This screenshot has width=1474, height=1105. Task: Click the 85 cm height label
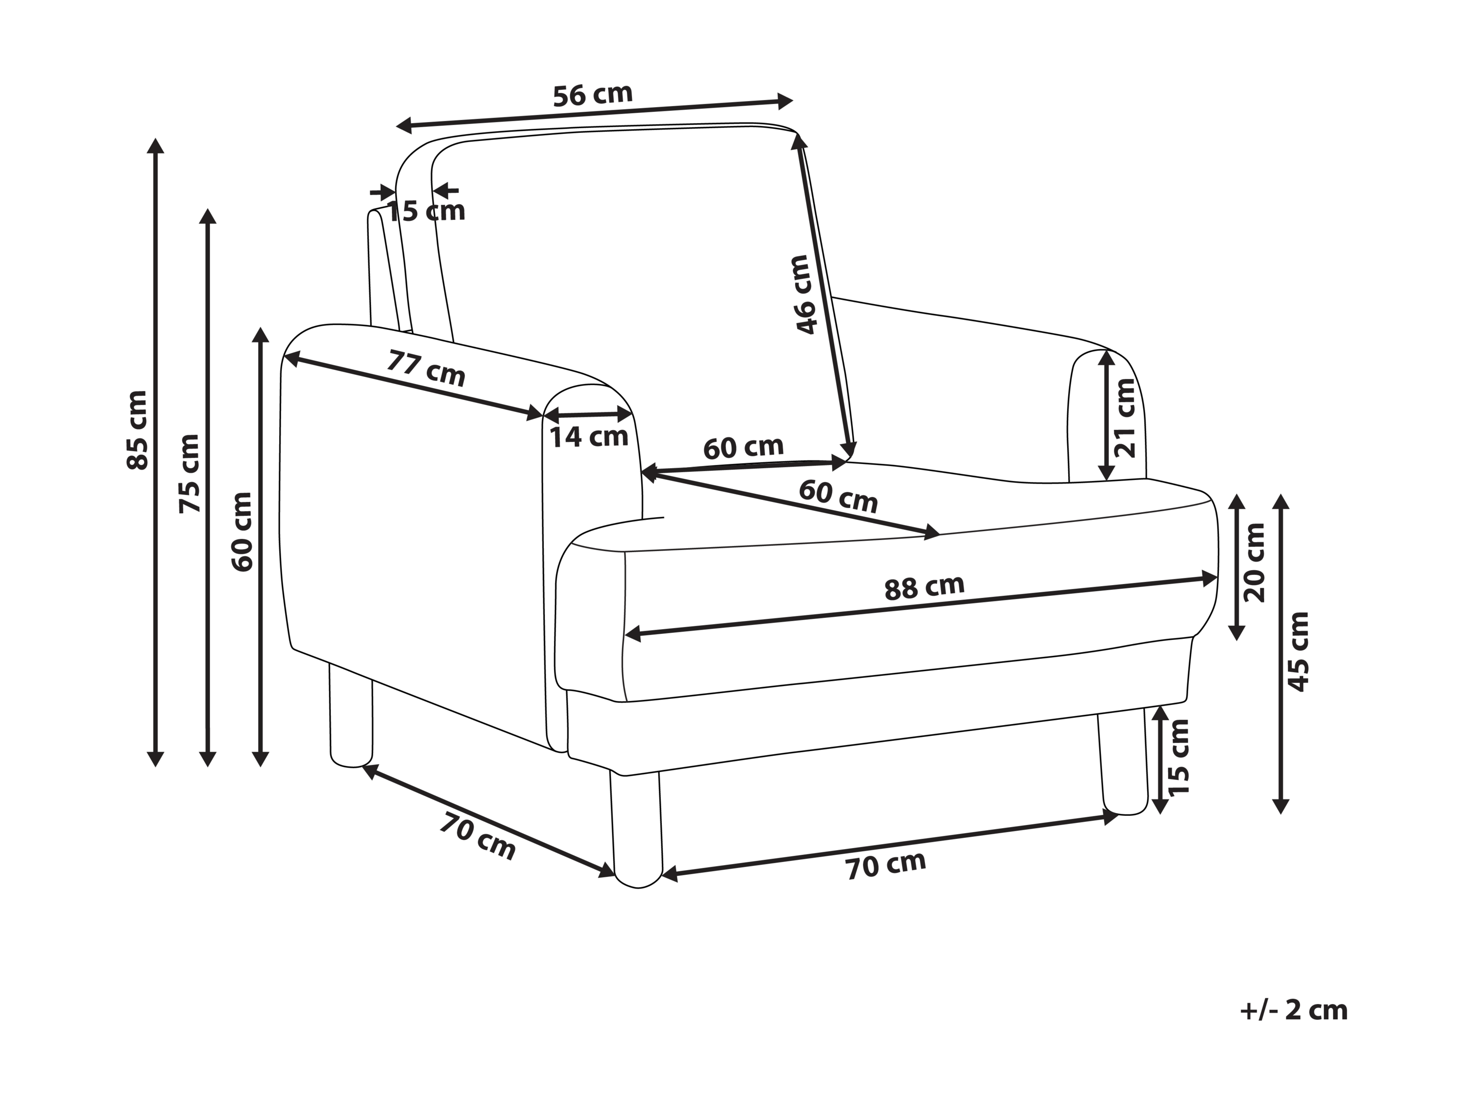coord(137,430)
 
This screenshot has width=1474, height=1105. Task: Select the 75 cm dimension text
coord(190,473)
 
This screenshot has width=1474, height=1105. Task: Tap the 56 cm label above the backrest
coord(593,95)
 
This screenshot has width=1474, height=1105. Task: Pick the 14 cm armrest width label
coord(589,437)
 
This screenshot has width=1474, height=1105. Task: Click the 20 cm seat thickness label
coord(1254,563)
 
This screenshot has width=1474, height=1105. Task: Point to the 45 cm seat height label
coord(1299,652)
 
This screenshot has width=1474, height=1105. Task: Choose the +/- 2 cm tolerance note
coord(1293,1011)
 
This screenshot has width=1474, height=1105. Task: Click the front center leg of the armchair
coord(637,829)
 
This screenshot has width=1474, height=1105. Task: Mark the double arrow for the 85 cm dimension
coord(155,453)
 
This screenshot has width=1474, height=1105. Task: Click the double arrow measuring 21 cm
coord(1106,416)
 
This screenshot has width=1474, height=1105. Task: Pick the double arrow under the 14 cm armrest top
coord(588,415)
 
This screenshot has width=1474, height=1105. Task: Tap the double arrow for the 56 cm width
coord(595,113)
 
